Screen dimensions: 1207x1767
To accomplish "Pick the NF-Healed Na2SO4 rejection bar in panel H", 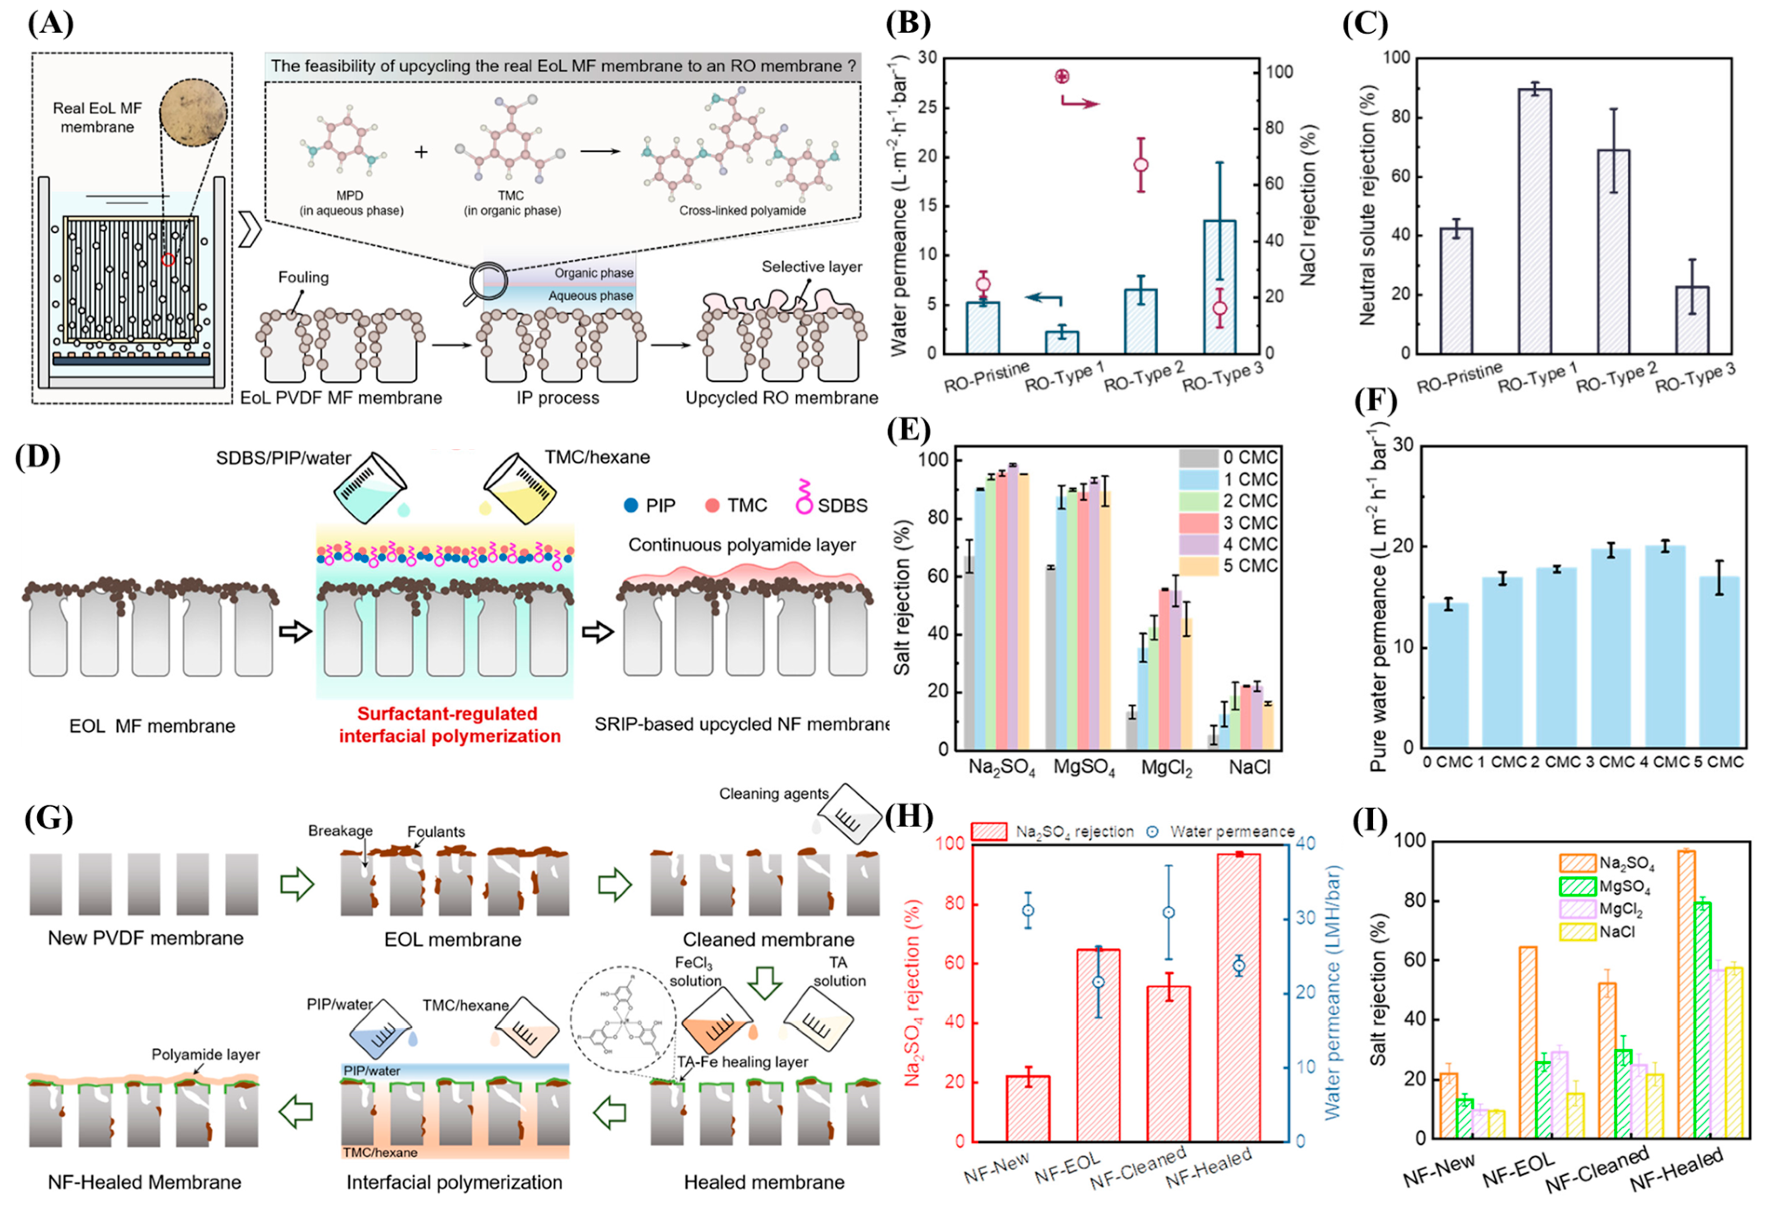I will [x=1238, y=996].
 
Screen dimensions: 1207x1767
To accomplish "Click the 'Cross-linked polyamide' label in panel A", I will [x=742, y=211].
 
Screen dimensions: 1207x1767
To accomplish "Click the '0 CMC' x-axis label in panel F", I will [x=1447, y=762].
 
